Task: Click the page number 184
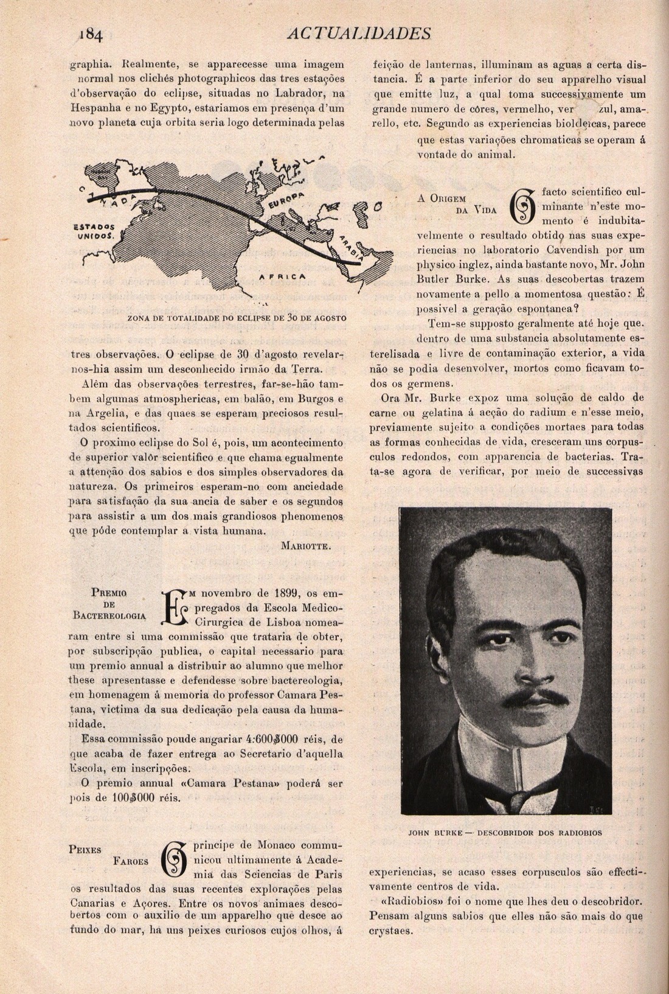[x=90, y=34]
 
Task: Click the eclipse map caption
[x=237, y=318]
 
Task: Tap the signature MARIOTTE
[x=306, y=546]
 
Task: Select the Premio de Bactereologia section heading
[x=109, y=603]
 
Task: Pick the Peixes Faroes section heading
[x=109, y=855]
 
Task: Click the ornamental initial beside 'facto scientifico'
[x=524, y=206]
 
